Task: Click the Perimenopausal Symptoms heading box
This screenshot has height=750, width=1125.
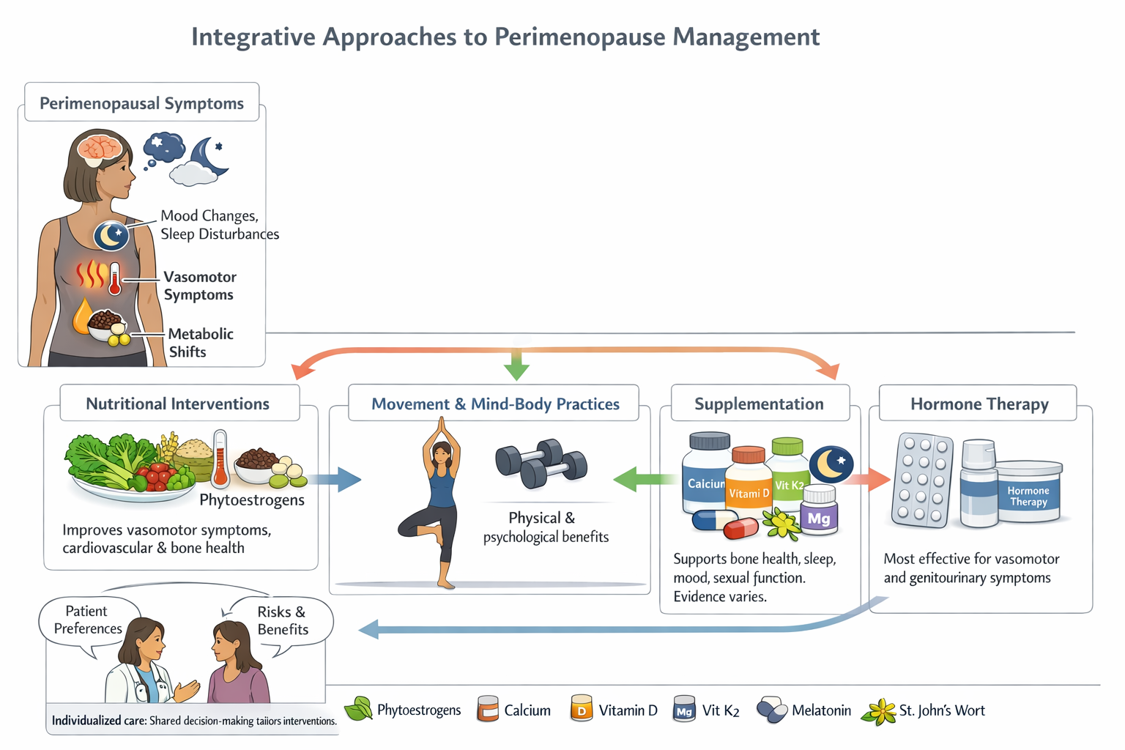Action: click(x=141, y=103)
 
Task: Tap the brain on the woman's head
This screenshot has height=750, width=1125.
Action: click(x=100, y=146)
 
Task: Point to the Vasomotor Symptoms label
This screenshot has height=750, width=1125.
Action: click(x=199, y=286)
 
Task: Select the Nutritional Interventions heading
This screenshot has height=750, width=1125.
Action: click(x=178, y=404)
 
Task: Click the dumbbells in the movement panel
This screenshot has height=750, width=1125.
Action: click(x=541, y=463)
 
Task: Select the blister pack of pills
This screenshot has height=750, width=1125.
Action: click(x=922, y=480)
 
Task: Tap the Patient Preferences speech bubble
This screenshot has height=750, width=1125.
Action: click(x=88, y=620)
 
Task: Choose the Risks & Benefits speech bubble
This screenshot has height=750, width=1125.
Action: click(x=282, y=620)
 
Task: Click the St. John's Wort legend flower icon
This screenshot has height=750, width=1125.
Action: click(x=879, y=711)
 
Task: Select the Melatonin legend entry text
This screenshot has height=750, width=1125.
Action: click(x=821, y=710)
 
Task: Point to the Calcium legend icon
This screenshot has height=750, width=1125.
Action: click(x=487, y=709)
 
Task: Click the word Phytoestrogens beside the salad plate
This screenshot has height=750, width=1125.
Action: click(x=251, y=500)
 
